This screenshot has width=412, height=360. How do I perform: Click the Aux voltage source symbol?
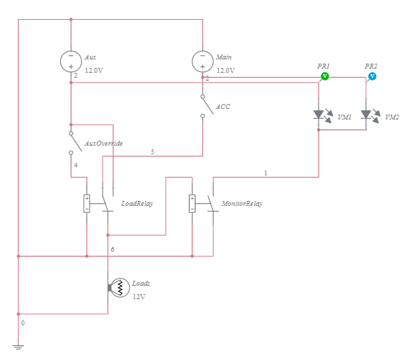(71, 62)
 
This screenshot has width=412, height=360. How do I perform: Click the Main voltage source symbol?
(202, 62)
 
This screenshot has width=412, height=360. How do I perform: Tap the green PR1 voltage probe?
(325, 76)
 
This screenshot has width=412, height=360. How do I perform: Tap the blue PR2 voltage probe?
(372, 76)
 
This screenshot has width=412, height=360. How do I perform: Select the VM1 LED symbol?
(323, 115)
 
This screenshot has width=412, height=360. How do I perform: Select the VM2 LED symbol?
(370, 115)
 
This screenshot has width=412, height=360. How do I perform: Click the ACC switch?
(207, 106)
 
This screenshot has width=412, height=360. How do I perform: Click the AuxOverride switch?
(75, 143)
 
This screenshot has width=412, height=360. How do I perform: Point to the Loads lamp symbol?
(118, 288)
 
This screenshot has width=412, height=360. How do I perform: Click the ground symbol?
(18, 347)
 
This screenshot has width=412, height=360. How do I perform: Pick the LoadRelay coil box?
(86, 204)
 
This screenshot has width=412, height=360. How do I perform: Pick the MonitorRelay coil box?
(192, 204)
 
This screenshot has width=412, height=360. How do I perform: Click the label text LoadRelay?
(137, 204)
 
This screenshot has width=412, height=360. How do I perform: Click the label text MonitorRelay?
(242, 204)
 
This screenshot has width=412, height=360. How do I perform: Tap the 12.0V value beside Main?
(225, 70)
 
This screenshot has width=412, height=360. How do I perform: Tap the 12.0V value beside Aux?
(94, 70)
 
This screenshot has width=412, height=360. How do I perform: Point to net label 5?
(152, 151)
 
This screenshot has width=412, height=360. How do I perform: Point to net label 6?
(113, 249)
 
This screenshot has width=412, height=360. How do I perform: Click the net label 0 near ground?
(23, 323)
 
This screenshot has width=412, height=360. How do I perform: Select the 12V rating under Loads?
(139, 297)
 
